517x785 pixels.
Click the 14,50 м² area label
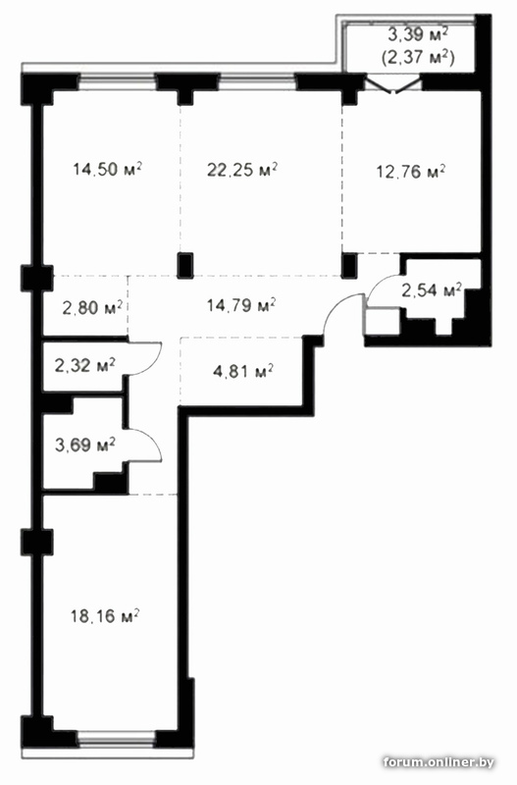tap(107, 169)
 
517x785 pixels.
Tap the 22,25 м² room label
tap(242, 170)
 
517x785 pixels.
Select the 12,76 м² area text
tap(411, 172)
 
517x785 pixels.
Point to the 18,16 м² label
tap(105, 616)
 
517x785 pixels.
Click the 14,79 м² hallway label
tap(241, 304)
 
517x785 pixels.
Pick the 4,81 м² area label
tap(243, 372)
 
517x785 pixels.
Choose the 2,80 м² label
tap(92, 307)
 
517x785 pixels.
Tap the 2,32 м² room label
tap(84, 365)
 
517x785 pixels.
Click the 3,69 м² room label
tap(85, 445)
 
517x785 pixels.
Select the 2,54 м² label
tap(433, 289)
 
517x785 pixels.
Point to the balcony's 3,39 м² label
tap(418, 34)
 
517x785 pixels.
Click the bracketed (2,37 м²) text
tap(418, 58)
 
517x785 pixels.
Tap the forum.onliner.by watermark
tap(439, 762)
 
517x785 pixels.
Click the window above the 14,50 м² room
tap(118, 81)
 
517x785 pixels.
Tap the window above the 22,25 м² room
tap(258, 81)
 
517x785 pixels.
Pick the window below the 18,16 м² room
tap(117, 739)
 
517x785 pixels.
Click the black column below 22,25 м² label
tap(185, 266)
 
